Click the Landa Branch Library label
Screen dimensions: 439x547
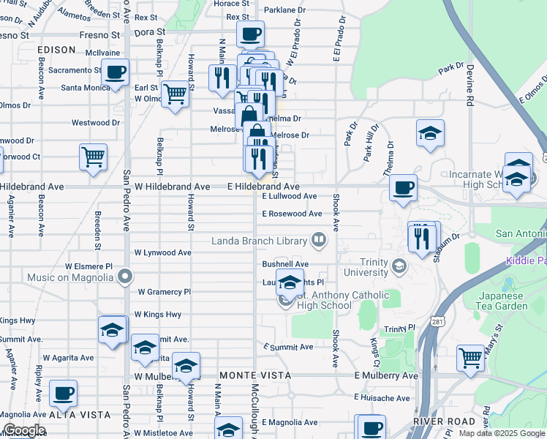pos(260,240)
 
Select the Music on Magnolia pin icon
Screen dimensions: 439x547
pos(125,277)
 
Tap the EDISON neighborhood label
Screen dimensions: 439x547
pos(58,50)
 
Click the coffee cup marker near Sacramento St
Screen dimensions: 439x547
pos(115,72)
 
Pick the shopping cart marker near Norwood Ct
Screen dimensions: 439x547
pos(94,157)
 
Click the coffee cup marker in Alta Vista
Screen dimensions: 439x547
pos(64,394)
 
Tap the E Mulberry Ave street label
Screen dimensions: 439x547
pos(385,375)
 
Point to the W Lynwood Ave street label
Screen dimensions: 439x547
pos(162,252)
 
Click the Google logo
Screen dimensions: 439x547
pos(24,430)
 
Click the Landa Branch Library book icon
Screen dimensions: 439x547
pos(318,239)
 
